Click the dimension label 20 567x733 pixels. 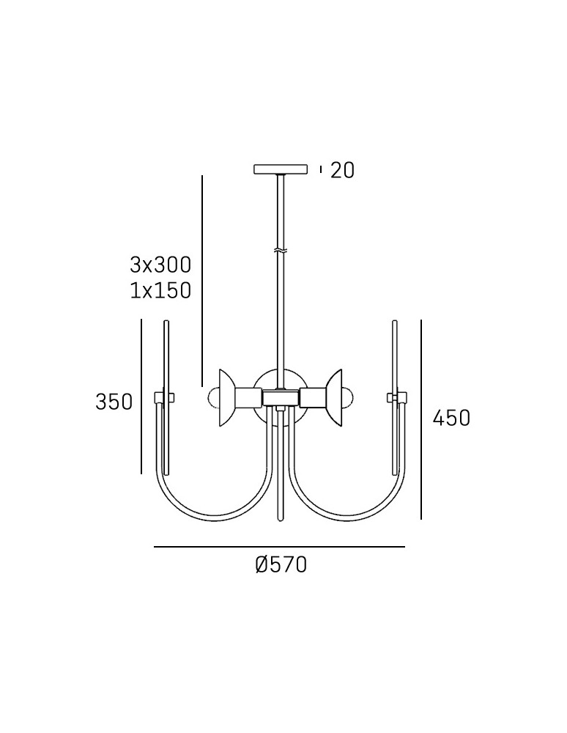342,170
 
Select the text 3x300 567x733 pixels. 160,265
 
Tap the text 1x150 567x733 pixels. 160,290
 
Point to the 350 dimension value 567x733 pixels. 114,402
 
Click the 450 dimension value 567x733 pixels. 451,418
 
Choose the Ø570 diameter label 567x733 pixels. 281,564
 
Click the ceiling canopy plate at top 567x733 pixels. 281,169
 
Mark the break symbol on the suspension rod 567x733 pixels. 281,250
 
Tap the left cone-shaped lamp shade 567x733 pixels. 227,398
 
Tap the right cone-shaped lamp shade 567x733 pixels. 334,398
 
